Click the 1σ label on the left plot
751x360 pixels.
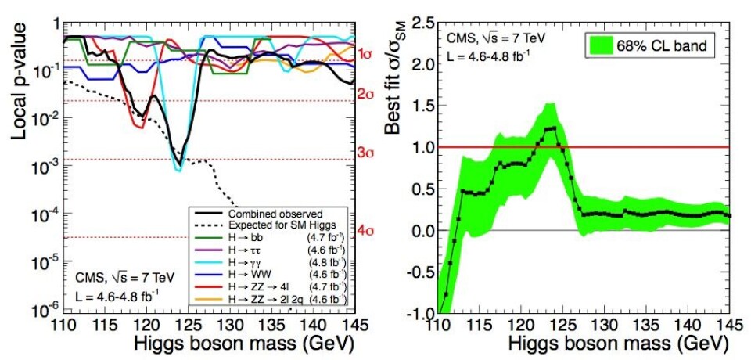[365, 55]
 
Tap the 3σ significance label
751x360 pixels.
[365, 153]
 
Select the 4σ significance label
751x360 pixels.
[365, 231]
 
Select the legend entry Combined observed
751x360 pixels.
[266, 212]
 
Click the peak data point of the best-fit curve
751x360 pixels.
[555, 128]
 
